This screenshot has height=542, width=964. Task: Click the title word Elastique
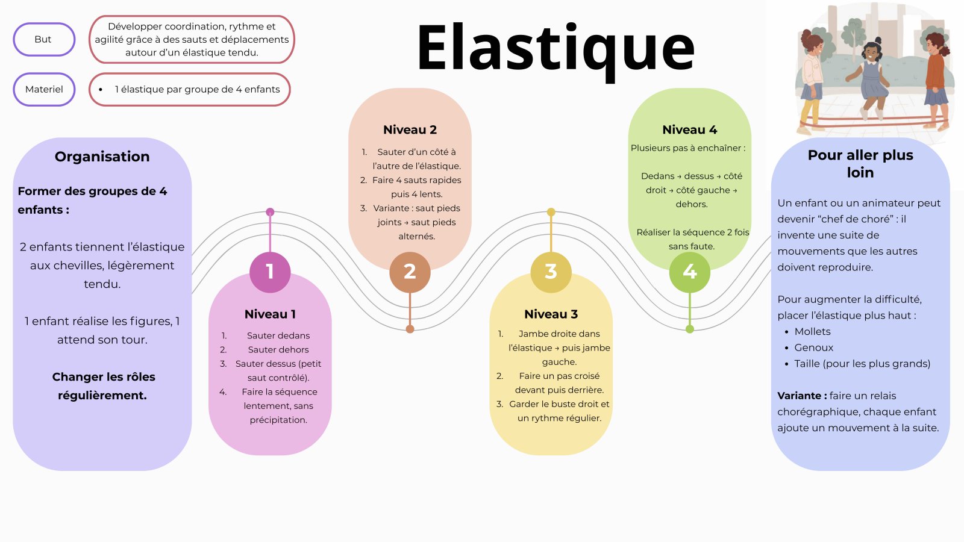(556, 48)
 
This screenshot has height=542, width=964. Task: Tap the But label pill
(43, 40)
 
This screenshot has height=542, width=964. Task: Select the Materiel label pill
(44, 90)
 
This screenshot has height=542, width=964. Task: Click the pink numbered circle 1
(270, 272)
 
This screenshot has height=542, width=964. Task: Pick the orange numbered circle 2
(410, 272)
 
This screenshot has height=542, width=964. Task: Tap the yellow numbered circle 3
(551, 272)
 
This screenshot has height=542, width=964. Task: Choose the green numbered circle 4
(690, 272)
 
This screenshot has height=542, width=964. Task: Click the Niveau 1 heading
(270, 314)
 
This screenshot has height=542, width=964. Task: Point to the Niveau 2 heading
(410, 130)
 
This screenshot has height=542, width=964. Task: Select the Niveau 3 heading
(551, 314)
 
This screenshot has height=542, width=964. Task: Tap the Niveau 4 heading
(689, 130)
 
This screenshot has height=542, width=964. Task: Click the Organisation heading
(102, 157)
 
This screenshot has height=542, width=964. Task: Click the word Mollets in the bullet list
(812, 332)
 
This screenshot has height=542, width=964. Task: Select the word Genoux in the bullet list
(813, 348)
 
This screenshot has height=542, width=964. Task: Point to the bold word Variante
(802, 396)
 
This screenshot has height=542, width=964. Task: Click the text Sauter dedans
(278, 336)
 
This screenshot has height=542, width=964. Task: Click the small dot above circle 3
(551, 212)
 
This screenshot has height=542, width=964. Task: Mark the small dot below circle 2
(410, 329)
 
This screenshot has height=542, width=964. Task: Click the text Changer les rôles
(104, 377)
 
